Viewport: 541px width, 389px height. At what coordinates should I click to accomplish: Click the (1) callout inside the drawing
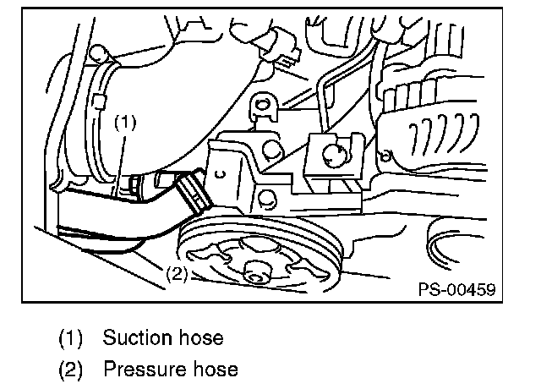pos(125,122)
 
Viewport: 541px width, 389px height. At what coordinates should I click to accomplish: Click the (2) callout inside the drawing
pos(176,274)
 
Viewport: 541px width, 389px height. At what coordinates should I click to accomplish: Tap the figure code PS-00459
pos(456,289)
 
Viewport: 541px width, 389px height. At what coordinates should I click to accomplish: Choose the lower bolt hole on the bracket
pos(263,201)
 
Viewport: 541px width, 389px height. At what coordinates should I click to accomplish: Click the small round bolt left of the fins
pos(385,155)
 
